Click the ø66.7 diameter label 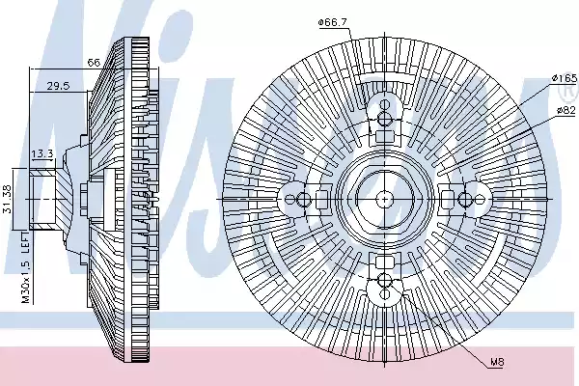pyautogui.click(x=332, y=22)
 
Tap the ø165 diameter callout pyautogui.click(x=565, y=78)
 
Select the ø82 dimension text pyautogui.click(x=566, y=110)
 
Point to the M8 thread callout pyautogui.click(x=497, y=362)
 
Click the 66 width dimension pyautogui.click(x=94, y=63)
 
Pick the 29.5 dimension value pyautogui.click(x=58, y=86)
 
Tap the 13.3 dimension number pyautogui.click(x=42, y=153)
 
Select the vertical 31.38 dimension pyautogui.click(x=8, y=199)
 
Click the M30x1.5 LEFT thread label pyautogui.click(x=25, y=268)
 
